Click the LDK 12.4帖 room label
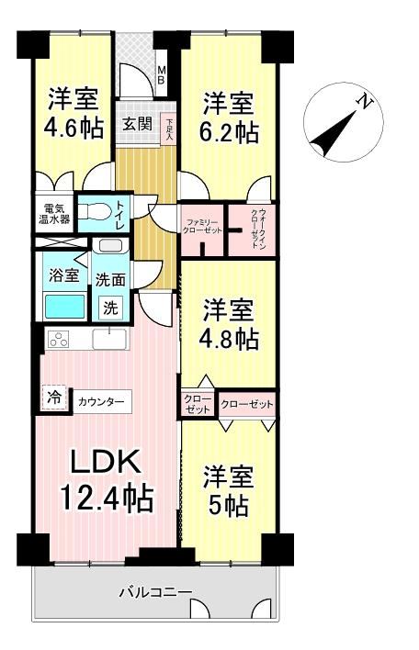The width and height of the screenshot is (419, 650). (107, 480)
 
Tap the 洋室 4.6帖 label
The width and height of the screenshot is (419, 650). (74, 113)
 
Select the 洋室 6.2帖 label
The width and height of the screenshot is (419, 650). (229, 118)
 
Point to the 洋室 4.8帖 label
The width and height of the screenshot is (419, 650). (229, 325)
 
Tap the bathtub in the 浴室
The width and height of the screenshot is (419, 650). (64, 306)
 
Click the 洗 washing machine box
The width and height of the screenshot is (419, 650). (110, 308)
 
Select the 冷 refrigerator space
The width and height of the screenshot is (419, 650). (54, 398)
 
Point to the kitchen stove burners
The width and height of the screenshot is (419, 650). (60, 340)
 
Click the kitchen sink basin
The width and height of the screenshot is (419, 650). (108, 339)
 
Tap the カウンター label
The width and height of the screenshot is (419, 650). (101, 401)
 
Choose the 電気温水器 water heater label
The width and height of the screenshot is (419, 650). (54, 214)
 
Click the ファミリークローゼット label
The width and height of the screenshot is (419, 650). (202, 226)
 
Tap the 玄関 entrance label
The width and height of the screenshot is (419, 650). (137, 124)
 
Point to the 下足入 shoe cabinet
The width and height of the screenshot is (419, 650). (169, 129)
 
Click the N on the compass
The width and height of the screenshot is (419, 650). (365, 101)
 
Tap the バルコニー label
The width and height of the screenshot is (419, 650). (155, 591)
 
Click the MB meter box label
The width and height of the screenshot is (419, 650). (161, 75)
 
